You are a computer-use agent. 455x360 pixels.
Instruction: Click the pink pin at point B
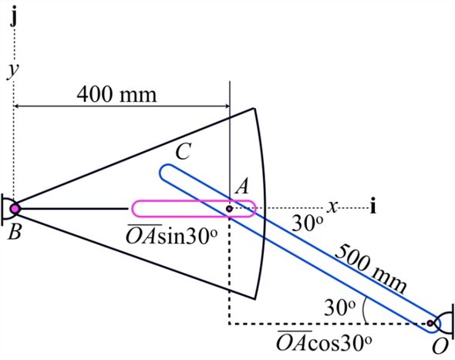coord(15,207)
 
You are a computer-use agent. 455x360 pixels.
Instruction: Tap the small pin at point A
coord(229,207)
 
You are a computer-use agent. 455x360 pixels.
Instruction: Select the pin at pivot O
coord(431,323)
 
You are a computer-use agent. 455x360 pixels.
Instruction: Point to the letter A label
coord(241,186)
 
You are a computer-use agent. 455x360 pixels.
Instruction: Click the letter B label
coord(13,231)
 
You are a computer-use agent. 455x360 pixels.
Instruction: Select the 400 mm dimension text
coord(116,95)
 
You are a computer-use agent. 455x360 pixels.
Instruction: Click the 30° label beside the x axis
coord(308,223)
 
